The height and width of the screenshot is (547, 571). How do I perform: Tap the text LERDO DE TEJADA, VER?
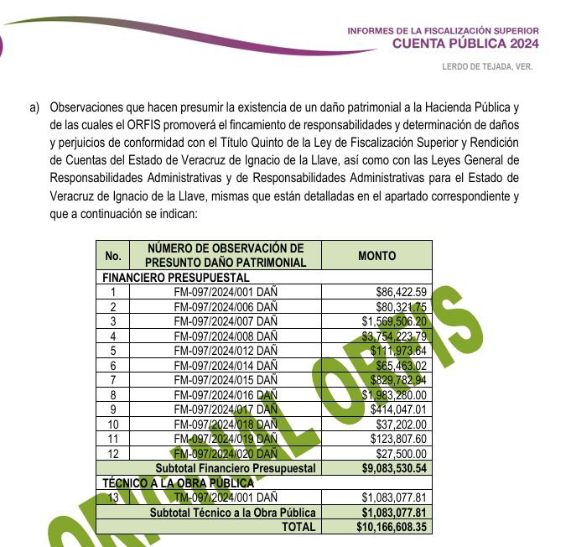click(x=487, y=67)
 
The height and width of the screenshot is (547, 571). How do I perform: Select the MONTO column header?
click(x=376, y=256)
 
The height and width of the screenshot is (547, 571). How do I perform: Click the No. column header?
click(x=114, y=256)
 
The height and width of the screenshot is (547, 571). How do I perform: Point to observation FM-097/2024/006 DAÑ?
click(x=226, y=306)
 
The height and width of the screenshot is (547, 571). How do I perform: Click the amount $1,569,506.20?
click(x=394, y=321)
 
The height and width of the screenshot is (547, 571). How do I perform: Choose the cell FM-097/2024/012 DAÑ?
click(x=226, y=351)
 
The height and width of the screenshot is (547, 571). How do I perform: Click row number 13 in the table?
click(x=113, y=498)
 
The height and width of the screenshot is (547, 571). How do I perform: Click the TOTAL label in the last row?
click(x=299, y=527)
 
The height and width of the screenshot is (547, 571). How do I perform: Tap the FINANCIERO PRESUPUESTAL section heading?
click(x=175, y=277)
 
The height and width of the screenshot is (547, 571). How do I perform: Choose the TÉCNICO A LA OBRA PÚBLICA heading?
click(x=177, y=482)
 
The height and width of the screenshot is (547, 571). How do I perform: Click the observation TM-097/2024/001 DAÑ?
click(x=226, y=498)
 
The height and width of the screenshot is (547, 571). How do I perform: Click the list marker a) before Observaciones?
click(x=34, y=107)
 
